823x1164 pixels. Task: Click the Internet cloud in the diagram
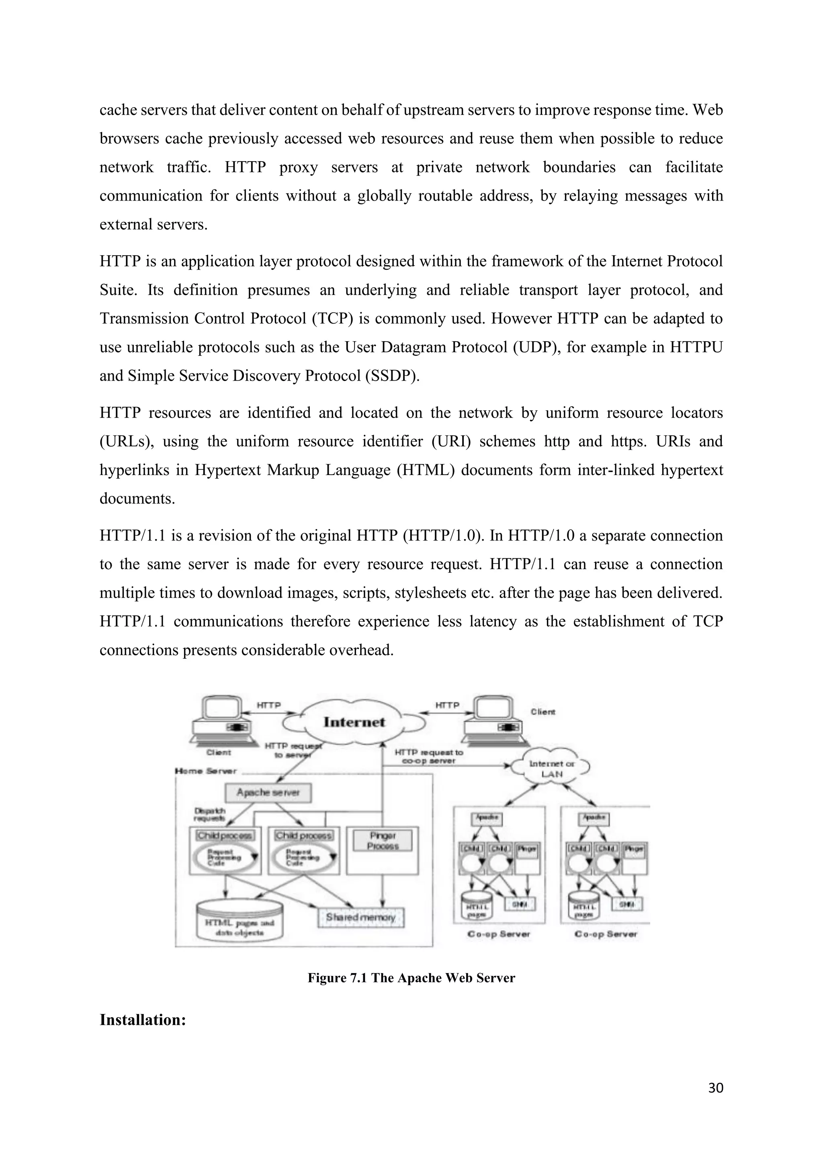pos(354,722)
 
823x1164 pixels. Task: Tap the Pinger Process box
pos(383,840)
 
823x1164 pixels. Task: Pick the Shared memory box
pos(360,917)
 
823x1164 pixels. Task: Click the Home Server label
pos(206,771)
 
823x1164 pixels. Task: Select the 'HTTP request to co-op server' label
pos(429,756)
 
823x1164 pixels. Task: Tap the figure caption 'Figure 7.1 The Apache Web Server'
pos(411,978)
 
